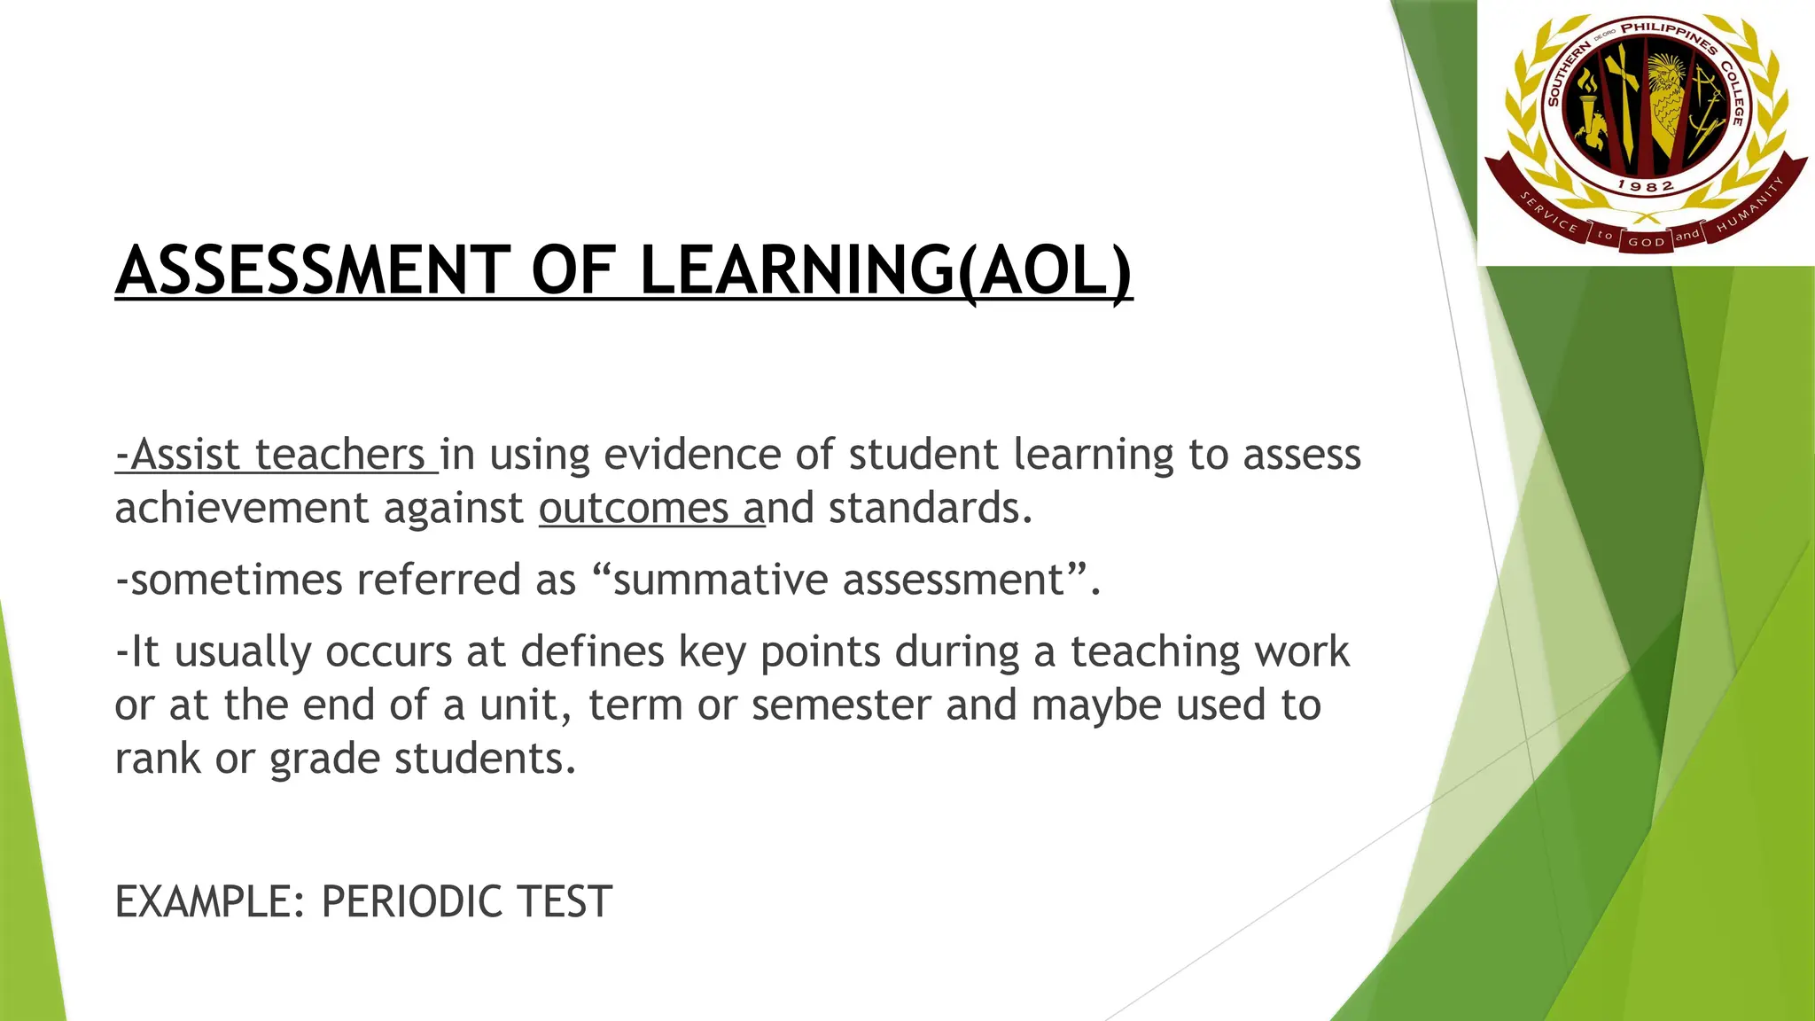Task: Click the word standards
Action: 931,509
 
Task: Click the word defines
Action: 592,652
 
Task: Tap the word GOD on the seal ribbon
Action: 1646,242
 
